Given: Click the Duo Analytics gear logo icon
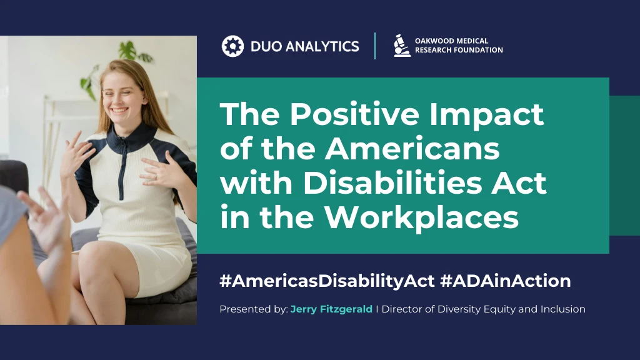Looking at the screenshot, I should click(x=232, y=46).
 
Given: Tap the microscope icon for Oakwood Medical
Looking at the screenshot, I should click(x=402, y=46).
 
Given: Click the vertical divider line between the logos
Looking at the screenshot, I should click(x=375, y=46).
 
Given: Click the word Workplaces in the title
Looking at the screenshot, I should click(x=423, y=217).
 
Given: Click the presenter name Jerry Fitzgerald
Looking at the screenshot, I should click(x=331, y=309).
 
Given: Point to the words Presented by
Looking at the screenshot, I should click(x=253, y=309).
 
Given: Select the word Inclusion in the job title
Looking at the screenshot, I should click(x=562, y=309).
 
